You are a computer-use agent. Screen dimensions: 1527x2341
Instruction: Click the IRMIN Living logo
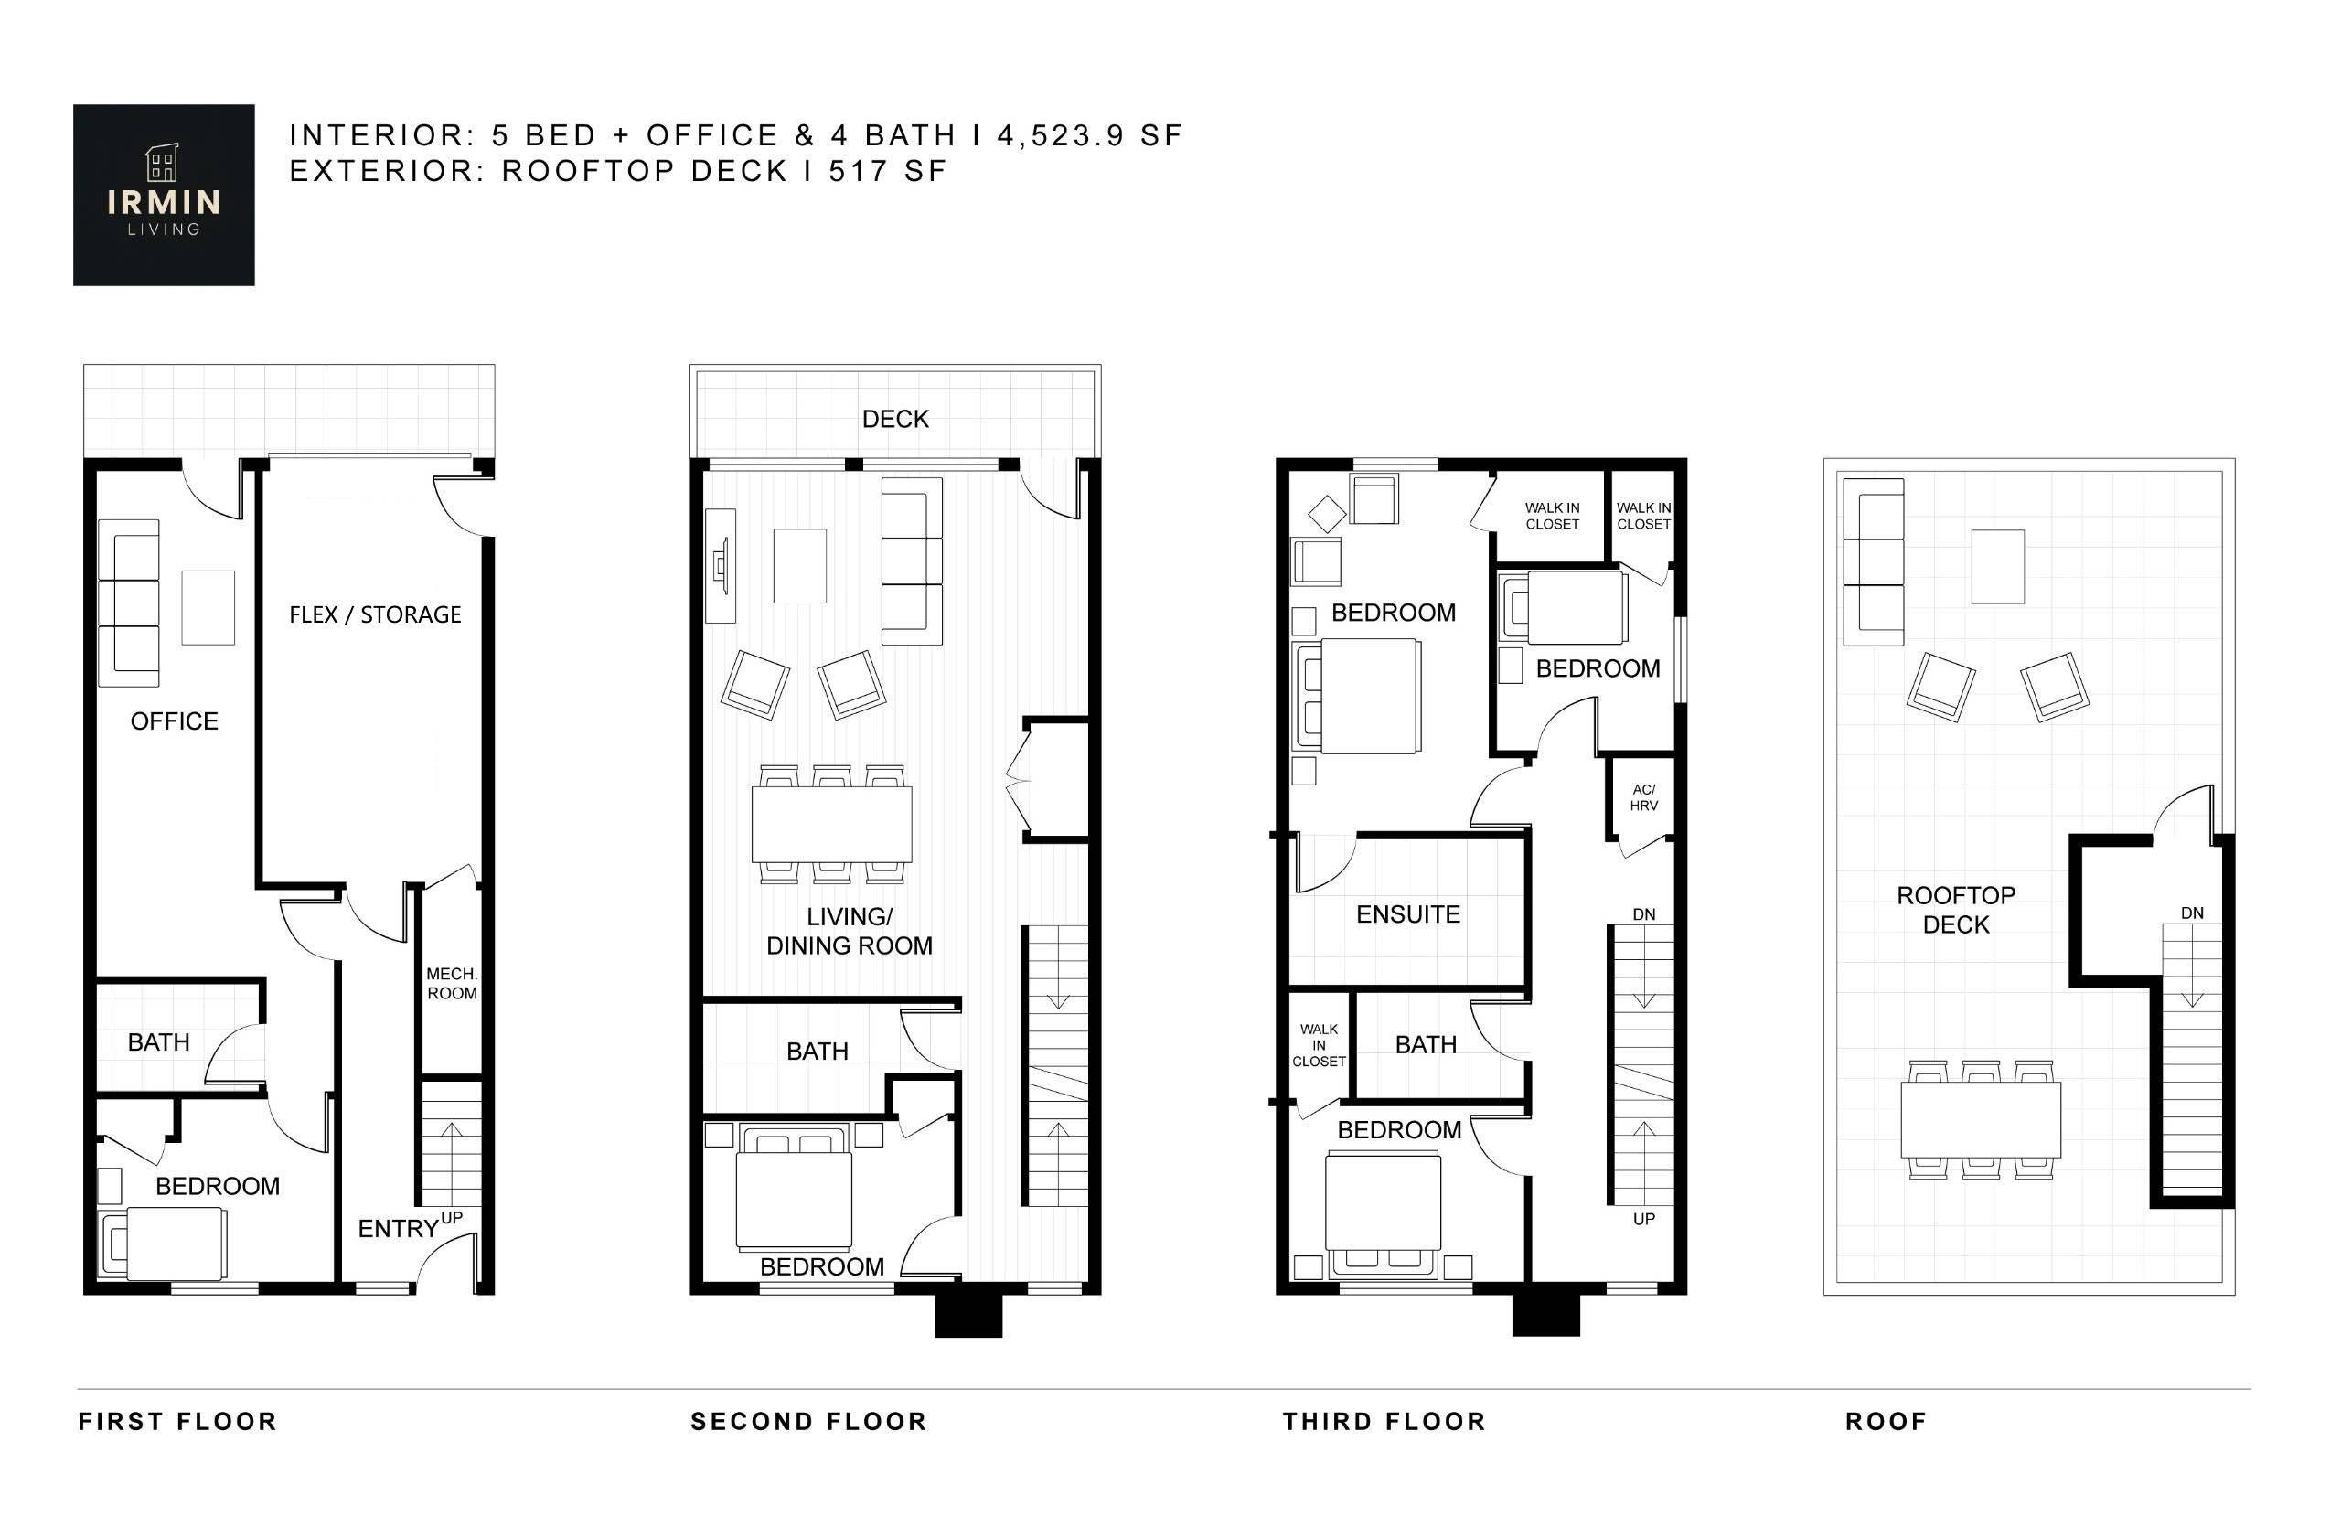(164, 195)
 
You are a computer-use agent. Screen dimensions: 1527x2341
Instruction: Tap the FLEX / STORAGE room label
(375, 614)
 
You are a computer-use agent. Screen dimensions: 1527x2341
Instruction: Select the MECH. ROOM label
(452, 983)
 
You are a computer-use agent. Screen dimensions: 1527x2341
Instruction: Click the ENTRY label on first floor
(398, 1228)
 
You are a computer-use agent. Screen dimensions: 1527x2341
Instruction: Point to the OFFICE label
(174, 721)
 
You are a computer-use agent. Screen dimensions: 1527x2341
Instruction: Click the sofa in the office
(129, 603)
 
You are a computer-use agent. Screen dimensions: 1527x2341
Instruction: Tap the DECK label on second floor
(894, 419)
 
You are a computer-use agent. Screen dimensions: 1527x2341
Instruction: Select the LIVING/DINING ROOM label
(849, 930)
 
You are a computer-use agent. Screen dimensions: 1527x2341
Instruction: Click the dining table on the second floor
(831, 824)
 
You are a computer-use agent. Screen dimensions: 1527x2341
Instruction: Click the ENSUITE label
(1407, 914)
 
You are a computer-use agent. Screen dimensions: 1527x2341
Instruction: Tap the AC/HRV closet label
(1642, 797)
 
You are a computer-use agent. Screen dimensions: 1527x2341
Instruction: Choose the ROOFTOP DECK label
(1955, 910)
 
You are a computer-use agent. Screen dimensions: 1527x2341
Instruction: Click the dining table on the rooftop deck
(1980, 1120)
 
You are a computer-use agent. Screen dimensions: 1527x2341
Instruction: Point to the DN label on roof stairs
(2192, 913)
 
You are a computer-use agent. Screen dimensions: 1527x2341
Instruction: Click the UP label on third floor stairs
(1643, 1218)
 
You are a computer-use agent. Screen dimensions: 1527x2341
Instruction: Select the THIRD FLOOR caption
(1383, 1421)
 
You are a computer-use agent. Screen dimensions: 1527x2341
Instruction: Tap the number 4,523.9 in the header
(1061, 134)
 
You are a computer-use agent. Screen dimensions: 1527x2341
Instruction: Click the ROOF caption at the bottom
(1886, 1421)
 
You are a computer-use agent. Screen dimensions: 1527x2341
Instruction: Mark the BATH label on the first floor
(158, 1042)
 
